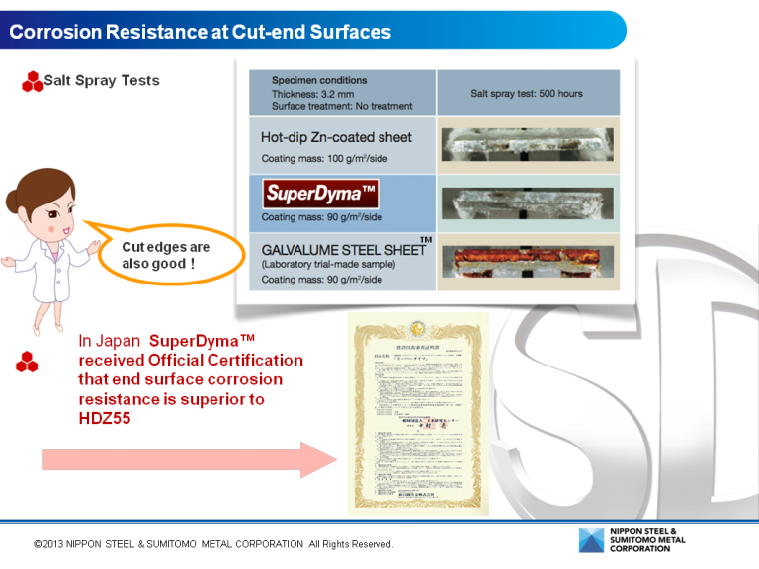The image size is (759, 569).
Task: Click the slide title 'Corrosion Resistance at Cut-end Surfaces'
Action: [x=201, y=32]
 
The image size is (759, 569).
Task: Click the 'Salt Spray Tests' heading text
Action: [x=102, y=80]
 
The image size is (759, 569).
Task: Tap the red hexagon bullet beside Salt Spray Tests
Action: [x=33, y=82]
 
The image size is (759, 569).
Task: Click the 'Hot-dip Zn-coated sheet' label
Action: [x=336, y=137]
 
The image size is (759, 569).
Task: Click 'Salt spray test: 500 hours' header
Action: [x=527, y=94]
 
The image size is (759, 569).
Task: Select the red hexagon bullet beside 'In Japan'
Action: [x=27, y=363]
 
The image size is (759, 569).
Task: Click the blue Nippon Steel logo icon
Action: [x=592, y=541]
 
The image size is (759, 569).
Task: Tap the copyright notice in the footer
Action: [x=213, y=544]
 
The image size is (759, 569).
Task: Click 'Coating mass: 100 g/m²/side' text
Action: [x=323, y=158]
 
